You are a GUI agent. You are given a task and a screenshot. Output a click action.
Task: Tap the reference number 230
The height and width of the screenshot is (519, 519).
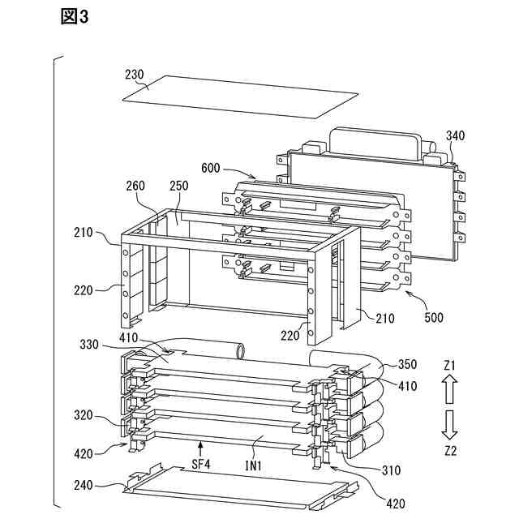(x=135, y=74)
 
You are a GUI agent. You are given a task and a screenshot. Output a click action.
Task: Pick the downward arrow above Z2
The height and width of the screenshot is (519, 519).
(x=451, y=423)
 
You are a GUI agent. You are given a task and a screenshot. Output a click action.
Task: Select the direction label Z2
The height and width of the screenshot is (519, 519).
(x=451, y=448)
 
